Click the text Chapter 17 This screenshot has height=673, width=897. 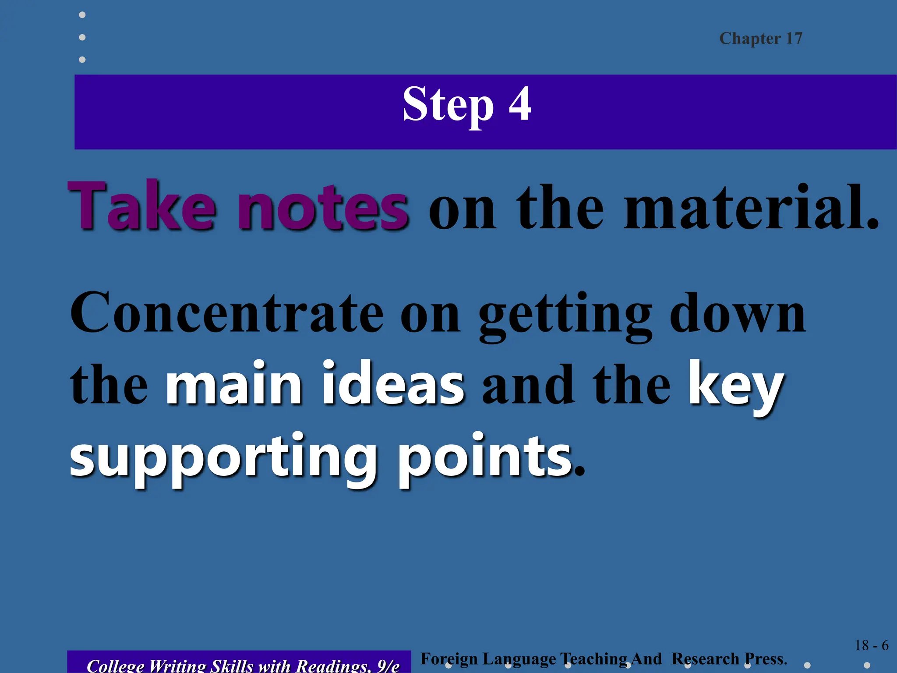pos(761,39)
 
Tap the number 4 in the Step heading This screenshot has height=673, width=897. pos(520,104)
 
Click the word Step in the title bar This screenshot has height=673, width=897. pos(448,105)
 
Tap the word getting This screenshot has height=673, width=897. pos(565,315)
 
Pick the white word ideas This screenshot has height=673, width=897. pos(393,384)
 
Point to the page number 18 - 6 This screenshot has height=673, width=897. pos(871,645)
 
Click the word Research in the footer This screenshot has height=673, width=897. pos(705,659)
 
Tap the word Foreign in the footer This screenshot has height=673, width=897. pos(449,659)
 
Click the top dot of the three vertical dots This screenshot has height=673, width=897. pos(82,15)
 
